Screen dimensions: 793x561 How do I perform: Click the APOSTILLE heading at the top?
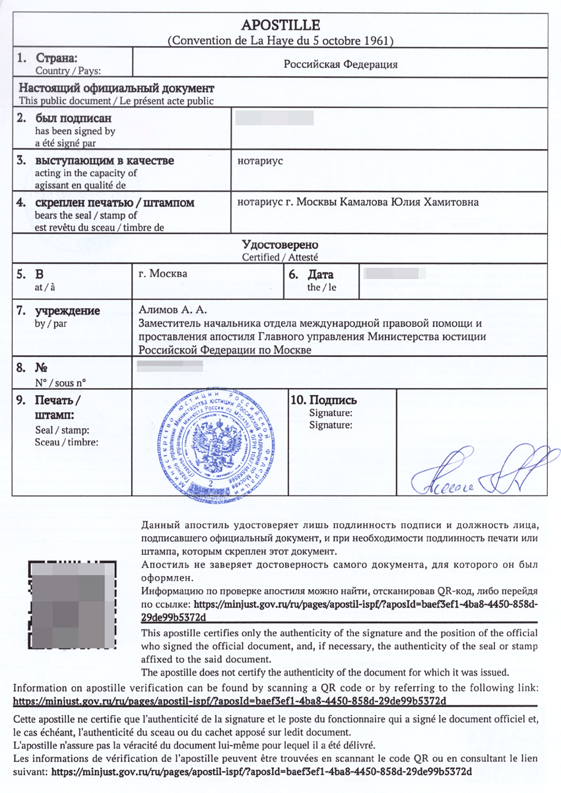tap(280, 26)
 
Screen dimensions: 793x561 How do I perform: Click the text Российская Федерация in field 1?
tap(341, 65)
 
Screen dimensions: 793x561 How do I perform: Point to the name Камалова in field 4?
tap(364, 201)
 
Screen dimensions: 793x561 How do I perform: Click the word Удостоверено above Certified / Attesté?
tap(280, 245)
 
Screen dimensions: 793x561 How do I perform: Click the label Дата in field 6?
tap(320, 274)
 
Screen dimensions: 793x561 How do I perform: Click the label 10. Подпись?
tap(323, 400)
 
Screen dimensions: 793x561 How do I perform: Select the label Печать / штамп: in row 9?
tap(58, 408)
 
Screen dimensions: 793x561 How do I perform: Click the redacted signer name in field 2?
tap(273, 119)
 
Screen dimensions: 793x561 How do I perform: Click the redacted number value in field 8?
tap(169, 365)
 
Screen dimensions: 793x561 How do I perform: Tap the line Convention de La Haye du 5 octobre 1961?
tap(280, 40)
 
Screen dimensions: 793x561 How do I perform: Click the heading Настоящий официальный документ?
tap(116, 88)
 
